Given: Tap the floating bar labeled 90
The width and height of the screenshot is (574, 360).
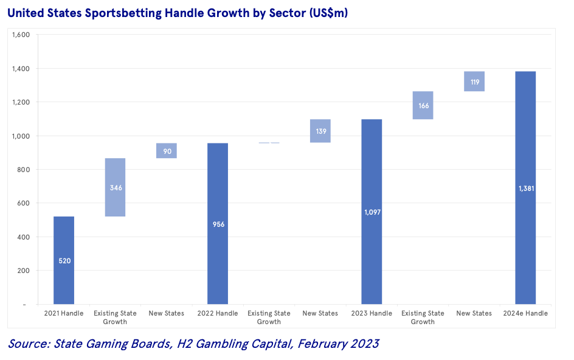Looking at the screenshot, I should pos(167,150).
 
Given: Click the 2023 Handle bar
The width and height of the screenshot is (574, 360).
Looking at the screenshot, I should pos(372,243).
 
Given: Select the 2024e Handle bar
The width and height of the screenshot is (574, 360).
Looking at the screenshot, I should pos(525,243).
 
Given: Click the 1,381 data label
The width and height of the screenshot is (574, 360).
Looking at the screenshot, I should pos(525,188).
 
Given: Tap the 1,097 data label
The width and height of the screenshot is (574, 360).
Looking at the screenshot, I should pos(372,212).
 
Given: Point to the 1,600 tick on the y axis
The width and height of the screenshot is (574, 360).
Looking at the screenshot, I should pos(21,35).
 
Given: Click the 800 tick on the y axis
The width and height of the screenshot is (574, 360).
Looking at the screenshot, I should pos(23,170).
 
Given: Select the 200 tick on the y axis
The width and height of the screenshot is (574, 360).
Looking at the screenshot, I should pos(23,271).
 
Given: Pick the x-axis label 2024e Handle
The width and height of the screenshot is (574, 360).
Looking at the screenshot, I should pos(525,313).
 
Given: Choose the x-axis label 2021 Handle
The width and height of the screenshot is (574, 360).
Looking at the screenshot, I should pos(64,313).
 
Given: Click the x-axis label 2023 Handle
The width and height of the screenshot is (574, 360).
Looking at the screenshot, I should pos(372,313).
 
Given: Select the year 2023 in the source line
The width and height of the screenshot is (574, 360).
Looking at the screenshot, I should pos(362,344).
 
